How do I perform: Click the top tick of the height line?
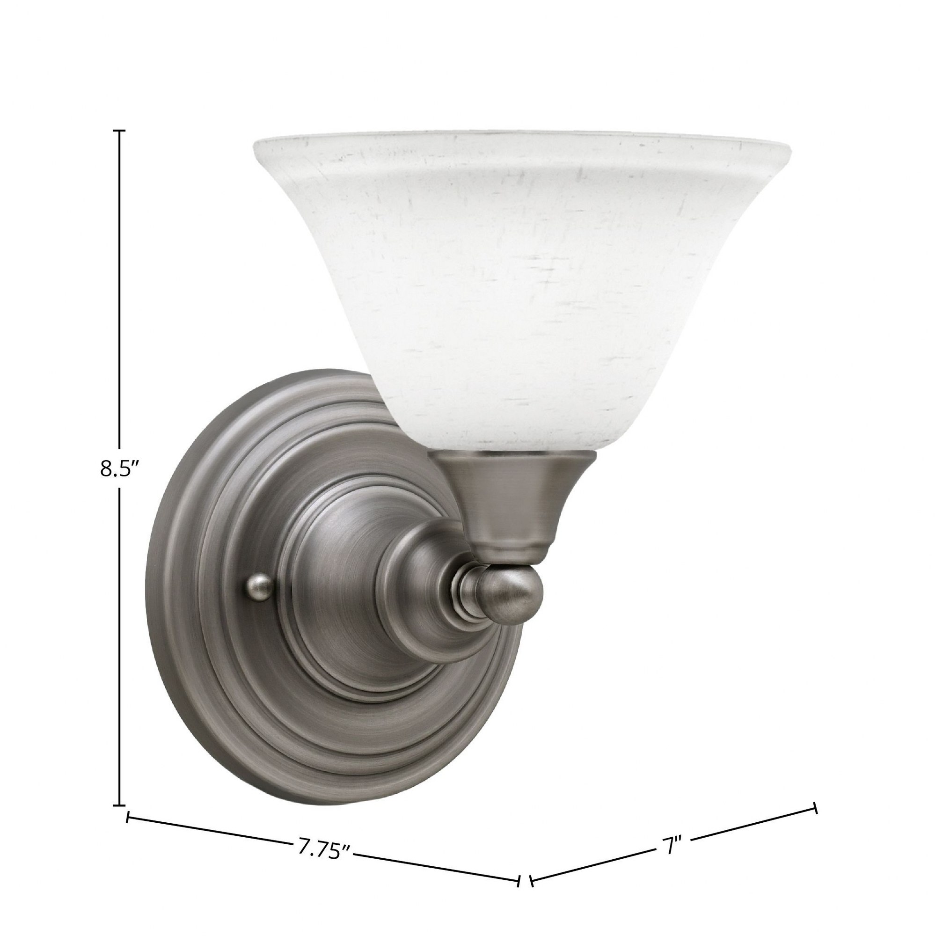coord(119,131)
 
